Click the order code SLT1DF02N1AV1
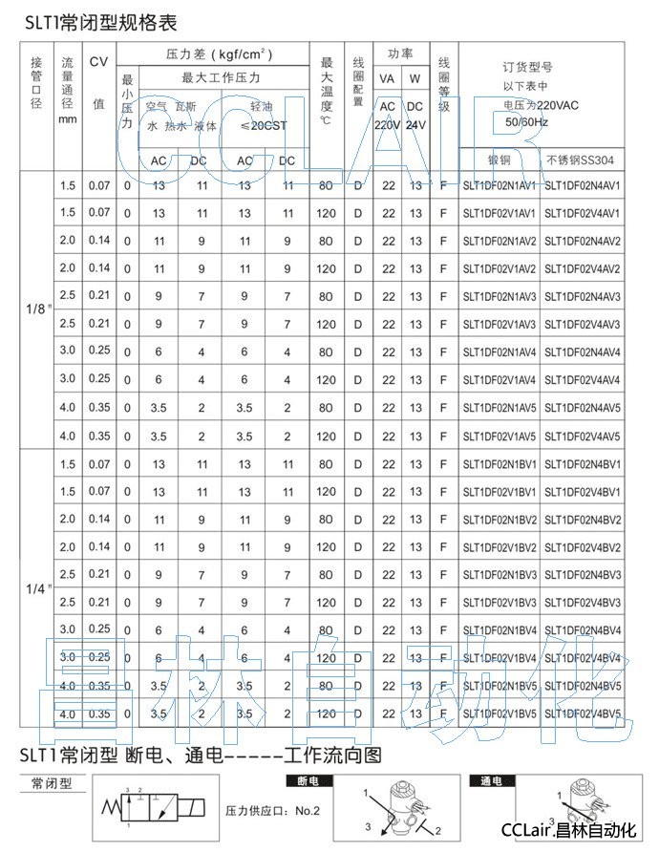500,185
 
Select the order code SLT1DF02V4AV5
583,436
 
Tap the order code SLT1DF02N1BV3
500,575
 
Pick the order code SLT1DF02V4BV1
583,492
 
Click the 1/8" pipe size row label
36,309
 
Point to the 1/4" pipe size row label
36,588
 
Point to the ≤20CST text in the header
263,125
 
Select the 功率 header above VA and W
400,54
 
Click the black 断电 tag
301,780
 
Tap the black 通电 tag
490,780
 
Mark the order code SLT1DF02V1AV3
500,324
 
